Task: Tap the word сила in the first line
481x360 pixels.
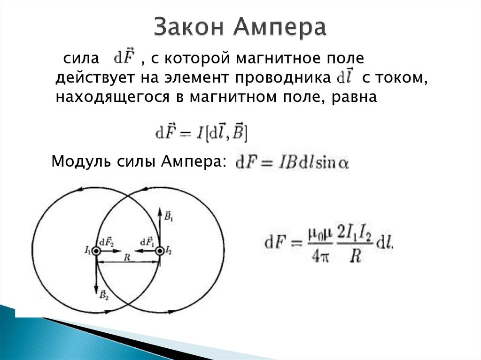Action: tap(81, 60)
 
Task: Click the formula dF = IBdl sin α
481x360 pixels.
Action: tap(292, 163)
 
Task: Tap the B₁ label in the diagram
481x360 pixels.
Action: tap(169, 216)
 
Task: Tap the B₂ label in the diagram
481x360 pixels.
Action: tap(104, 295)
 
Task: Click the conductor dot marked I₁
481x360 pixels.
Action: tap(96, 251)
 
